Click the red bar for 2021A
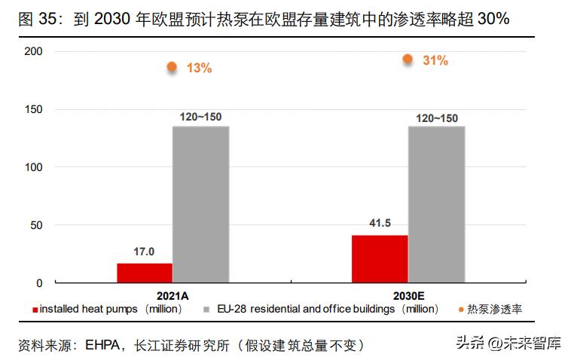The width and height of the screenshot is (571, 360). coord(145,273)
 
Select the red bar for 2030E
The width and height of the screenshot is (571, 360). coord(380,258)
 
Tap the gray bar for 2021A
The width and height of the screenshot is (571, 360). coord(200,204)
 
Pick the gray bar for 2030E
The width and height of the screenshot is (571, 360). coord(436,204)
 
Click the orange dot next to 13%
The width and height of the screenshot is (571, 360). coord(172,67)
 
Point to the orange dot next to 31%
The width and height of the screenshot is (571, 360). coord(408,59)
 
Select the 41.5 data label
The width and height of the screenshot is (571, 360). coord(380,224)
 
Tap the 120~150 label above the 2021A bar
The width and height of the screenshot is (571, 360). coord(200,117)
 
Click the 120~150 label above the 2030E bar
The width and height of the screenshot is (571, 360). coord(436,117)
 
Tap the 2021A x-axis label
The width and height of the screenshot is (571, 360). coord(173,295)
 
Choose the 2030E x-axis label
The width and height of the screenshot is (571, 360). coord(408,295)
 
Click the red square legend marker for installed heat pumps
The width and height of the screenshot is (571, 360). coord(35,310)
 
